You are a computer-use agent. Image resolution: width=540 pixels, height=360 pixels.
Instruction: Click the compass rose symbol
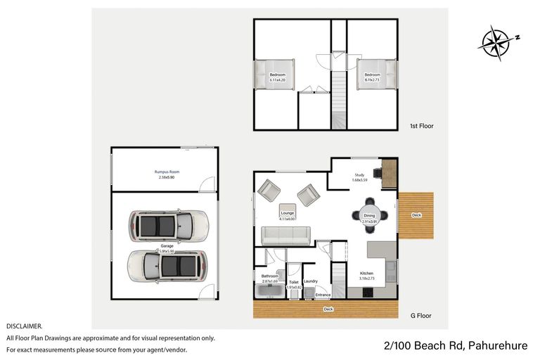(x=497, y=41)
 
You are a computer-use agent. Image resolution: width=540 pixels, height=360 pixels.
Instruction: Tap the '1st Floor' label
(x=422, y=127)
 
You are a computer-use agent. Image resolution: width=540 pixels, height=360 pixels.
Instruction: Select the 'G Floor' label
(x=422, y=316)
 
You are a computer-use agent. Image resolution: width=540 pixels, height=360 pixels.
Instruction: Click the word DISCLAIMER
(x=25, y=326)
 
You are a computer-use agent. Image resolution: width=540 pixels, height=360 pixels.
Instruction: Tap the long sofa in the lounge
(x=285, y=236)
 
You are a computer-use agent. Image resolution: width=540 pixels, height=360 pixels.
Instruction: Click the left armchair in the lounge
(x=269, y=190)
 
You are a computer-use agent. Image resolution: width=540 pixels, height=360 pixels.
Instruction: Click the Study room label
(x=360, y=175)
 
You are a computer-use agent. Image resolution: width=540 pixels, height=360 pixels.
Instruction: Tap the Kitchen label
(x=367, y=273)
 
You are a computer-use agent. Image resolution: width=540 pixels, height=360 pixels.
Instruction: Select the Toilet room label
(x=294, y=282)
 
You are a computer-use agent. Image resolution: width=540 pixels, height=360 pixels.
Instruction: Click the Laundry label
(x=311, y=281)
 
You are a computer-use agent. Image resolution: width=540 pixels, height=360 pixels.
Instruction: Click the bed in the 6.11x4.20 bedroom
(x=277, y=76)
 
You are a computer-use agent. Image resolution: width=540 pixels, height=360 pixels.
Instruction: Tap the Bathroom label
(x=270, y=276)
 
